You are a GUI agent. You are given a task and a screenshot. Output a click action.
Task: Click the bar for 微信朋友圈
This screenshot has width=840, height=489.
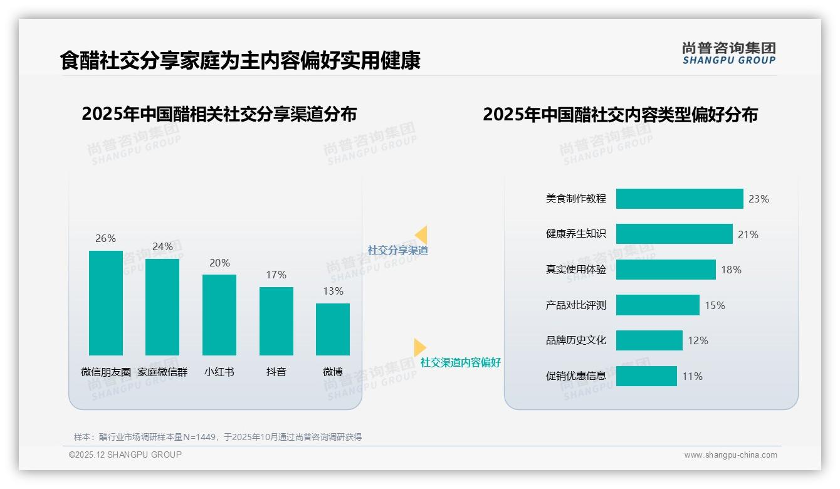tap(106, 303)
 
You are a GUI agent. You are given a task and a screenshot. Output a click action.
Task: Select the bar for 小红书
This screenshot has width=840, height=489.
tap(219, 315)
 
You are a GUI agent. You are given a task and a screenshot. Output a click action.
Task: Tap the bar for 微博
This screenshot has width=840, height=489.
tap(333, 329)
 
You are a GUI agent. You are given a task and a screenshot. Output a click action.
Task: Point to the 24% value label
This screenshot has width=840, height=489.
tap(162, 247)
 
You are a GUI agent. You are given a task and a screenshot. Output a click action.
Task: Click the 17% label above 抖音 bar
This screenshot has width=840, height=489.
tap(276, 275)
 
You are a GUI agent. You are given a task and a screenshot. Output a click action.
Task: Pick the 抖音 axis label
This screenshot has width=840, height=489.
tap(276, 372)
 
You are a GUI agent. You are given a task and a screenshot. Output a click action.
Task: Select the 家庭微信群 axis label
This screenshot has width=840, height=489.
tap(162, 372)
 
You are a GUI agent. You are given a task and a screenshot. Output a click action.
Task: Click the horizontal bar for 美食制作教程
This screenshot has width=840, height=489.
tap(680, 199)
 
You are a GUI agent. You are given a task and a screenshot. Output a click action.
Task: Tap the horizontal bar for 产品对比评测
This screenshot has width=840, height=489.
tap(658, 305)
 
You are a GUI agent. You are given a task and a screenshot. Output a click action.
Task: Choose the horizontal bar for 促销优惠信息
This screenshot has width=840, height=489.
tap(646, 376)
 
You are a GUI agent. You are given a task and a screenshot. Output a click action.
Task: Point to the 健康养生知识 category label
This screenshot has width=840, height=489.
tap(576, 234)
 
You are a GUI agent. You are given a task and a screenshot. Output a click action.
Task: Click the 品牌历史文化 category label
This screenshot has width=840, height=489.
tap(576, 340)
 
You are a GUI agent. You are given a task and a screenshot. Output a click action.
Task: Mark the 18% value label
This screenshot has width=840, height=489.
tap(731, 270)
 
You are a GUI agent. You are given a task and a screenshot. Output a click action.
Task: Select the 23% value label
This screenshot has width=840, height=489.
tap(759, 199)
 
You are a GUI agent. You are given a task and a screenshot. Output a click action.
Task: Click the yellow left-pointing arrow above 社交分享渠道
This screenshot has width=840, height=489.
tap(421, 235)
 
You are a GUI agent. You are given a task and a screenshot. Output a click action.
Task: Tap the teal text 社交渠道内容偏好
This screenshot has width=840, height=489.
tap(460, 363)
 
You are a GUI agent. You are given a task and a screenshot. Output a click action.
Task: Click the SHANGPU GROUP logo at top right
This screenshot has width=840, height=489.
tap(729, 53)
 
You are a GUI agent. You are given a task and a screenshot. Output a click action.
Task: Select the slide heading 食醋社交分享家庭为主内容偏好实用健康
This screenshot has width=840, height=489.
tap(240, 61)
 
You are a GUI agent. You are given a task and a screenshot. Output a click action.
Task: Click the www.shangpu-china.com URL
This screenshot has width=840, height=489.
tap(730, 455)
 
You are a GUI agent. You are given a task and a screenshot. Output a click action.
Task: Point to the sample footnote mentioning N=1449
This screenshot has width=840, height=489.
tap(218, 437)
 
